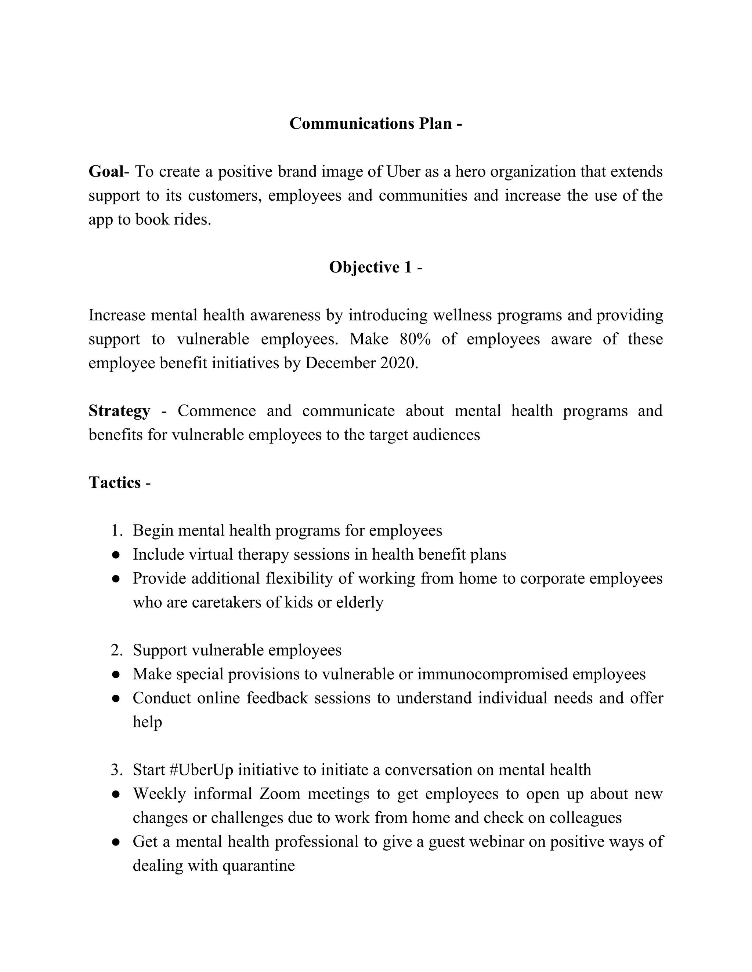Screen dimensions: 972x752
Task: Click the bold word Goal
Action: (x=106, y=171)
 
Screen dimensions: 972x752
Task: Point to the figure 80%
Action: (x=415, y=339)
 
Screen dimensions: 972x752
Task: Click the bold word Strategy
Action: (x=119, y=411)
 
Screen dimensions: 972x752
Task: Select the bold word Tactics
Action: (x=115, y=482)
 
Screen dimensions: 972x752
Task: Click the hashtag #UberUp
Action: (x=201, y=770)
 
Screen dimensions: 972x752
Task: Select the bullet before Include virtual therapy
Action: (x=116, y=555)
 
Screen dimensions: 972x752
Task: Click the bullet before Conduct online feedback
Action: (x=116, y=699)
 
